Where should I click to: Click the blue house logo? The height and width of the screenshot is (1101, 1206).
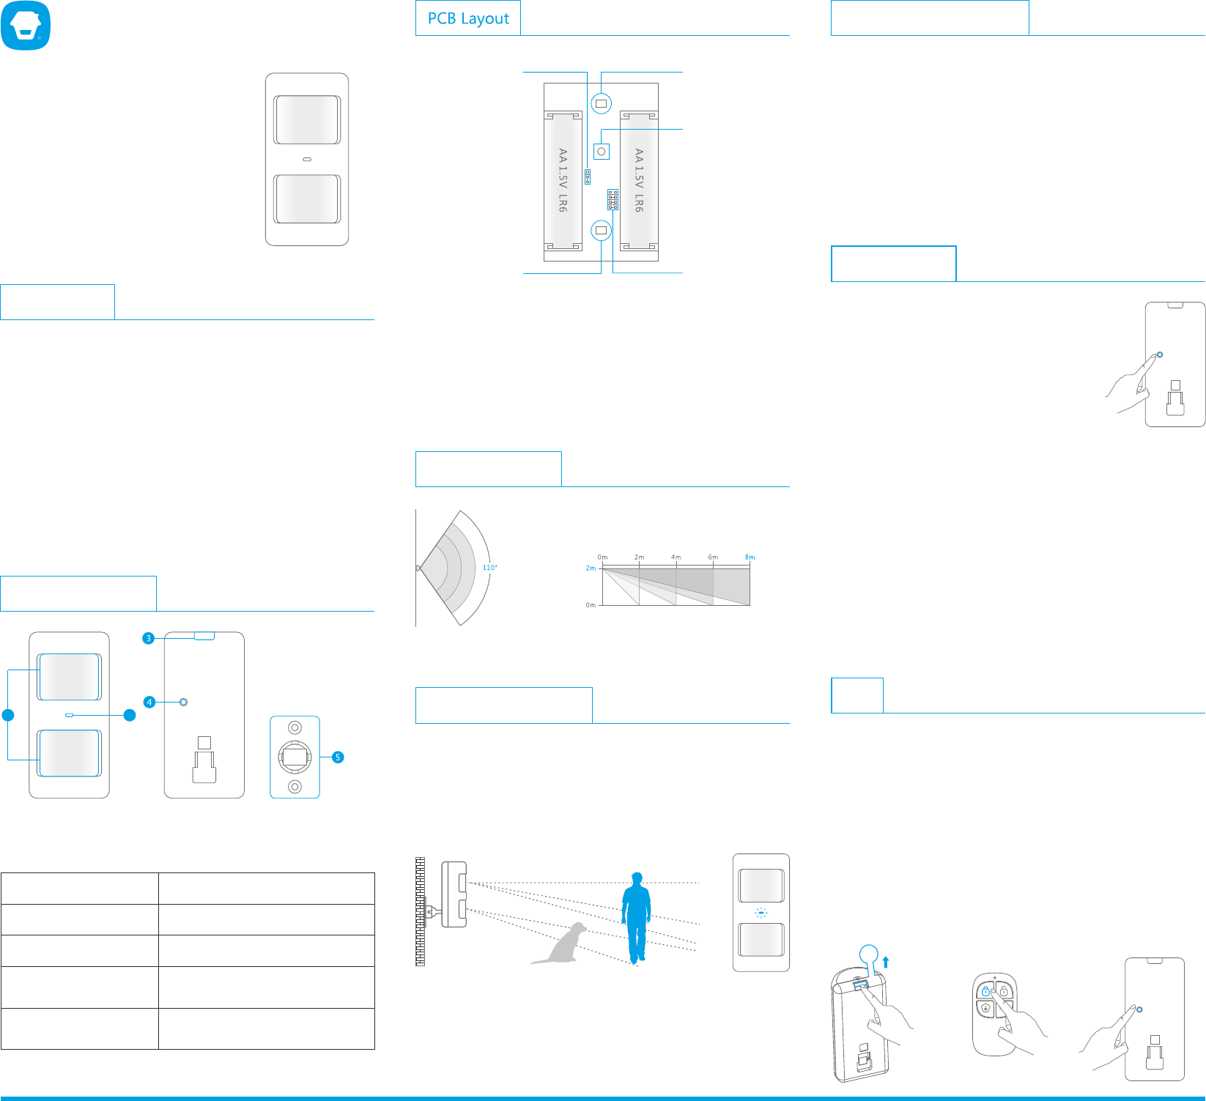tap(26, 26)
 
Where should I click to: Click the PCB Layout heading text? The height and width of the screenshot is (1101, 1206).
tap(468, 18)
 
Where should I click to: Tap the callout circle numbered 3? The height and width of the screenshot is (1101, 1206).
tap(149, 638)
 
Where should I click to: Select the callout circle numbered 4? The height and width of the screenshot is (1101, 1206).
tap(149, 702)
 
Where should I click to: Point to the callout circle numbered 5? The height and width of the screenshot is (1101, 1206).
tap(338, 757)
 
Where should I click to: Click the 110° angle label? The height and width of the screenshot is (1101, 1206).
tap(489, 568)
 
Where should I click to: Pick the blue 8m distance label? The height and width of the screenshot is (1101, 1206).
tap(750, 557)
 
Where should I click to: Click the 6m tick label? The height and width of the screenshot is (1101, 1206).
tap(713, 557)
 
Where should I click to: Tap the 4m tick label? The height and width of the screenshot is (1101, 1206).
tap(676, 557)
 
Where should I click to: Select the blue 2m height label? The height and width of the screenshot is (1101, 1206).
tap(591, 568)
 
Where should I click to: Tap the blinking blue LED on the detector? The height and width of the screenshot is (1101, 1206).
tap(761, 913)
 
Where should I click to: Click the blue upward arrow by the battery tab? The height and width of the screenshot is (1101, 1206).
tap(886, 962)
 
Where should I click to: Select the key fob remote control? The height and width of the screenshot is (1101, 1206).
tap(994, 1014)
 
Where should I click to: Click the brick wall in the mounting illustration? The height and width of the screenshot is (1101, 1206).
tap(420, 911)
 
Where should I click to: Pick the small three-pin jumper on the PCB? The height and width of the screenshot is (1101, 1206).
tap(588, 177)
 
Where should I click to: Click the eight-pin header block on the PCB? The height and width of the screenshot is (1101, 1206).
tap(613, 200)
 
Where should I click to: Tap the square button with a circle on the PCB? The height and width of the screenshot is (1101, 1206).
tap(602, 152)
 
